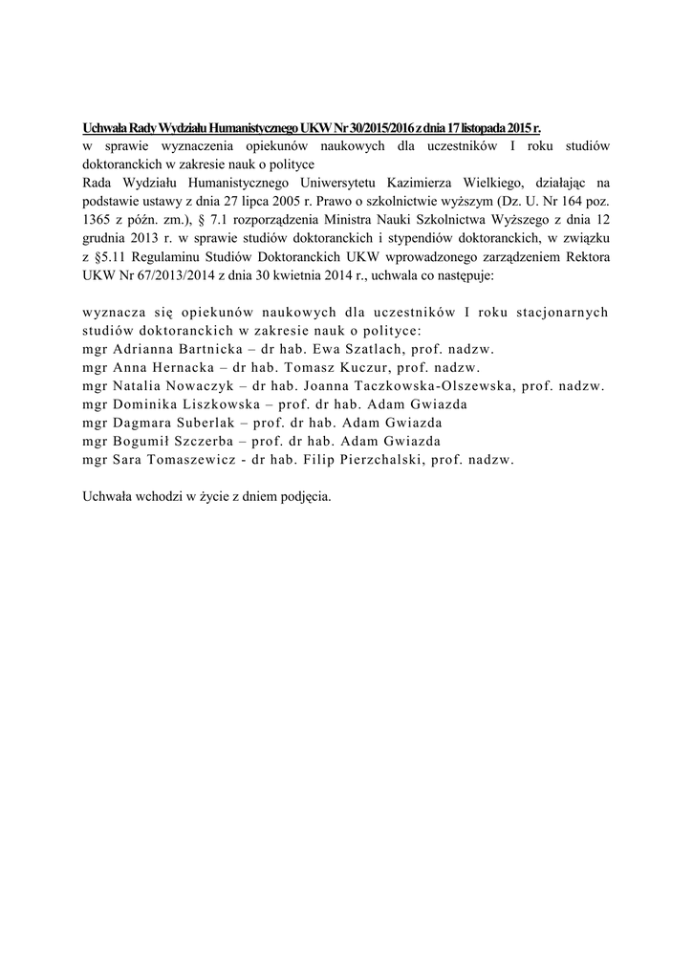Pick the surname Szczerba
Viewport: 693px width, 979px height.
point(203,441)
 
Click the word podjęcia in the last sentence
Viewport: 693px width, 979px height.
point(301,496)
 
